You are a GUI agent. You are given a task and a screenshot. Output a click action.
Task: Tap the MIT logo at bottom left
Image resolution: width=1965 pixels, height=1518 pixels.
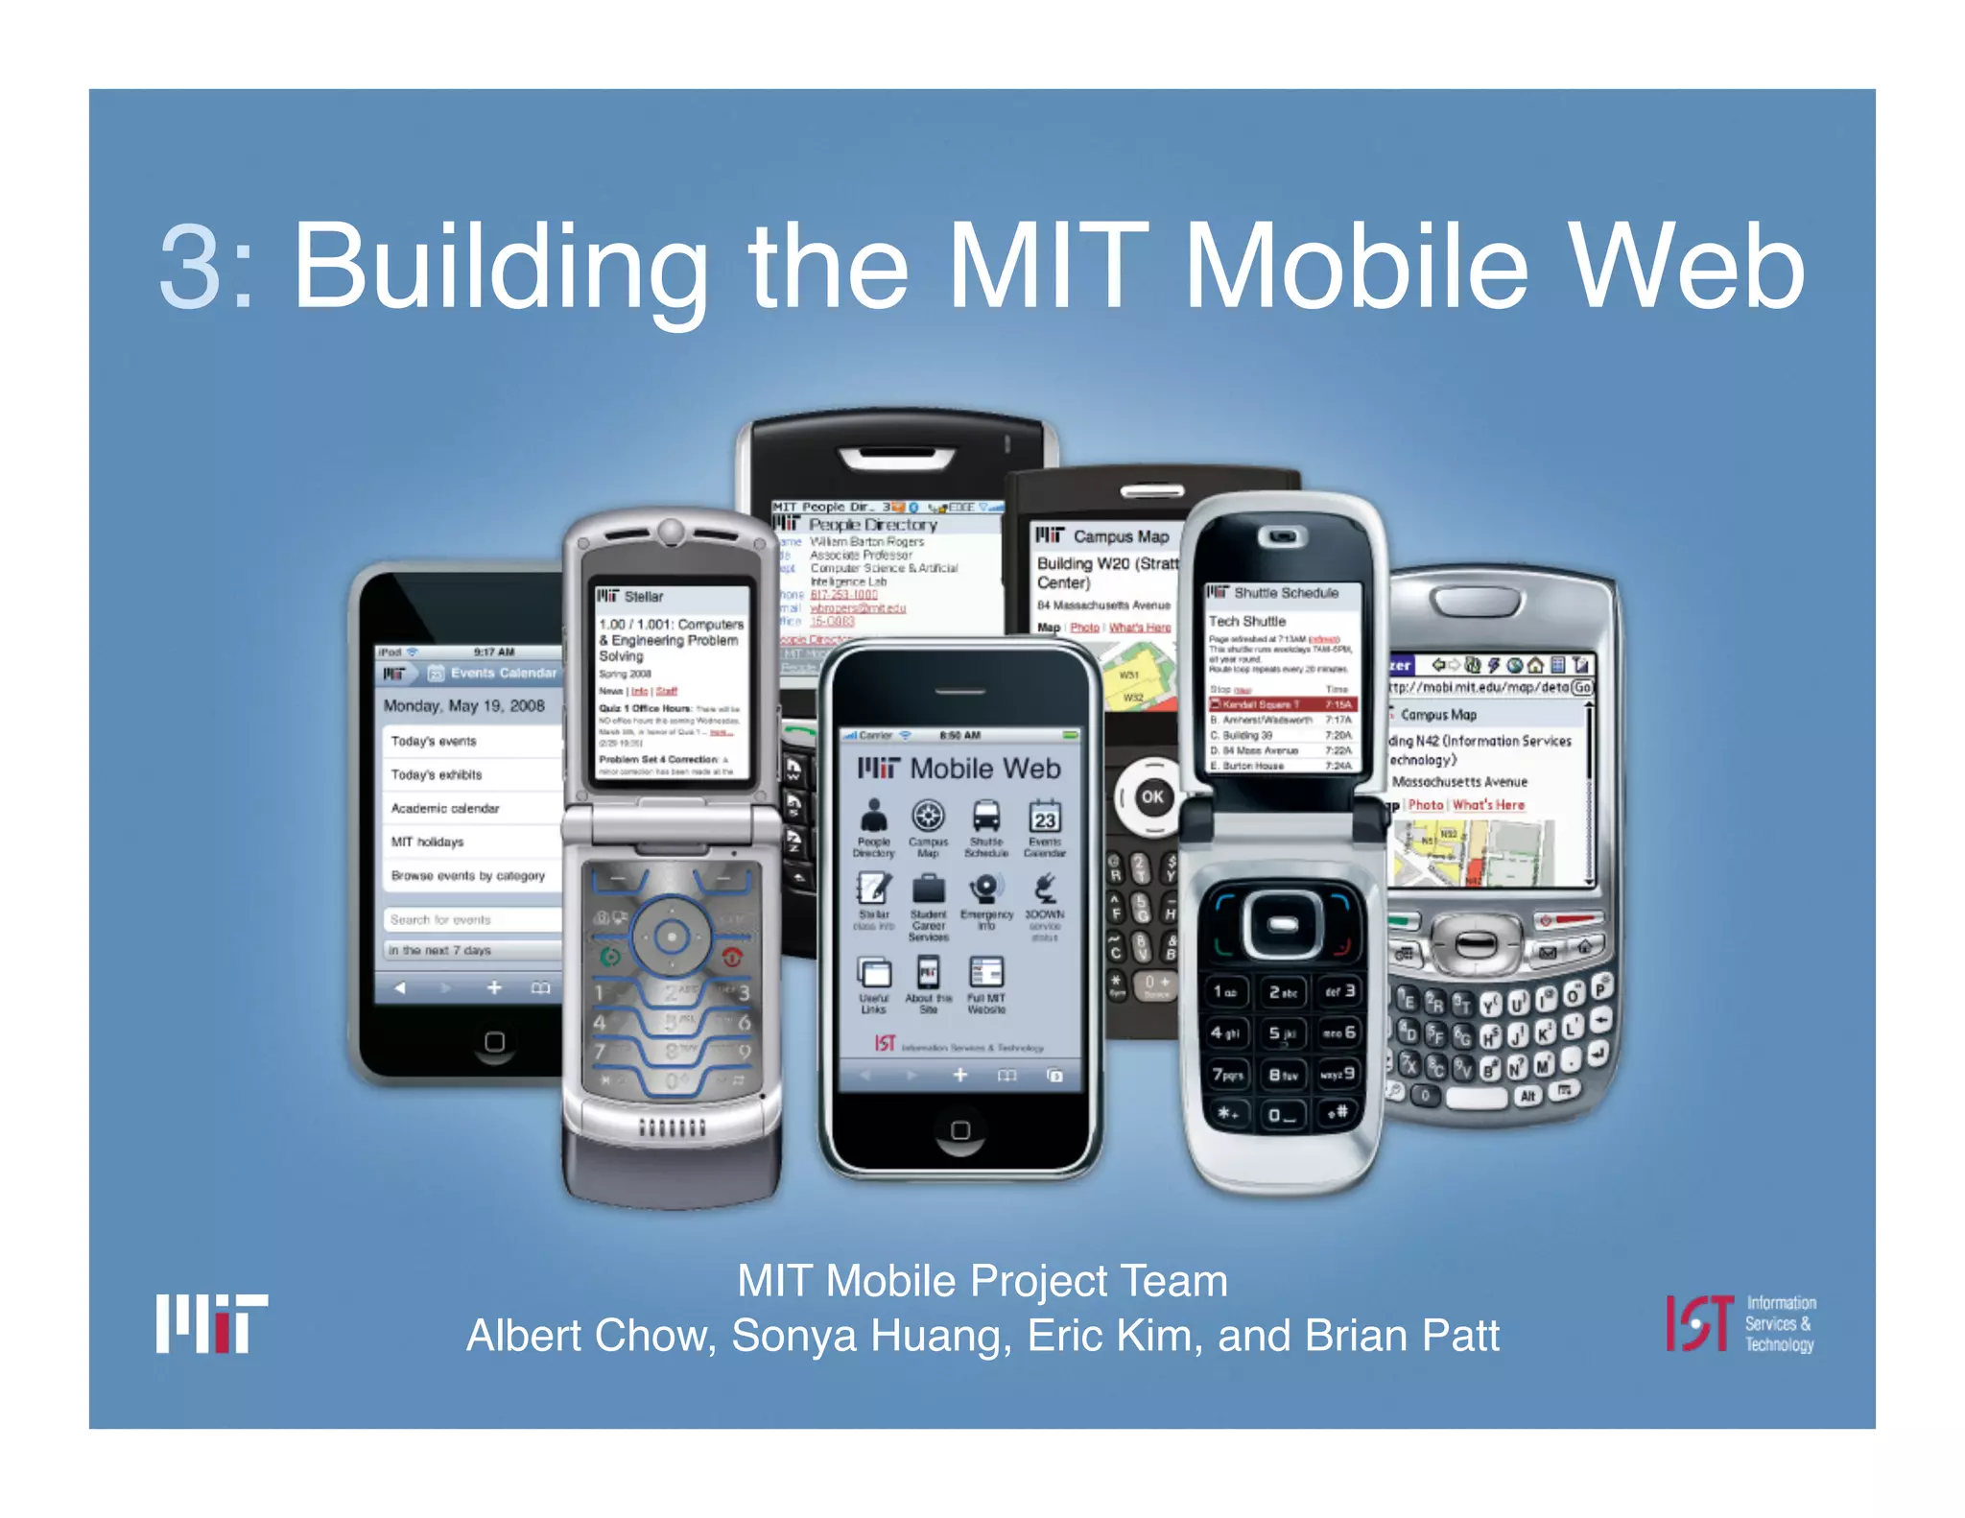(212, 1324)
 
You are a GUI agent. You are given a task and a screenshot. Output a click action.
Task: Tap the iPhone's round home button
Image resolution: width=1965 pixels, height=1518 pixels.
(959, 1130)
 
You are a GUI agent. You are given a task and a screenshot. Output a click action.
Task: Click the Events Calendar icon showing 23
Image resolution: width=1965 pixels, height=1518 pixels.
(1044, 818)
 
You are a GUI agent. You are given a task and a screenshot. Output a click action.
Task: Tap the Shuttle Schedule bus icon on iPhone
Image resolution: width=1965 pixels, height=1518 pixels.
(986, 818)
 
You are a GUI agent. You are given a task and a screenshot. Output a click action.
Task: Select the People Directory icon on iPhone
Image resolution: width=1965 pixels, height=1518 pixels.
(873, 818)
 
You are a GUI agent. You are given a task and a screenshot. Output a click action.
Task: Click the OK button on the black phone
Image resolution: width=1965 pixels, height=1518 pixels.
(1152, 796)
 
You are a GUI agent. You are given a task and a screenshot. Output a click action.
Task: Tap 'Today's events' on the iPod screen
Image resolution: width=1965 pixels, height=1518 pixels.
(434, 741)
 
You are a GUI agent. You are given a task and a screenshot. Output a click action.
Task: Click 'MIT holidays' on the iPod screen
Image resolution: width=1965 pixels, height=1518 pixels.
(427, 842)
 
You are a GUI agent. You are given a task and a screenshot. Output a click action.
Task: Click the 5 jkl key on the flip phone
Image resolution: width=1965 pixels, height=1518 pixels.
(1283, 1033)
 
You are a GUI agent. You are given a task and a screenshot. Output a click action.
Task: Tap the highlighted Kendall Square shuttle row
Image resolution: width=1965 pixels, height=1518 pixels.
(1281, 704)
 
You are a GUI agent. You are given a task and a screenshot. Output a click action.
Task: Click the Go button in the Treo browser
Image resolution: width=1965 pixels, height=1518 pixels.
(1582, 687)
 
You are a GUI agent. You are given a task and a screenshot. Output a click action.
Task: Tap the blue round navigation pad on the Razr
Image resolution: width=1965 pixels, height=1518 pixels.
(672, 937)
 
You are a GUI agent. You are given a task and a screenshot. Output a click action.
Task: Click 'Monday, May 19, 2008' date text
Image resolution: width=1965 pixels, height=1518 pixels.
(463, 705)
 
